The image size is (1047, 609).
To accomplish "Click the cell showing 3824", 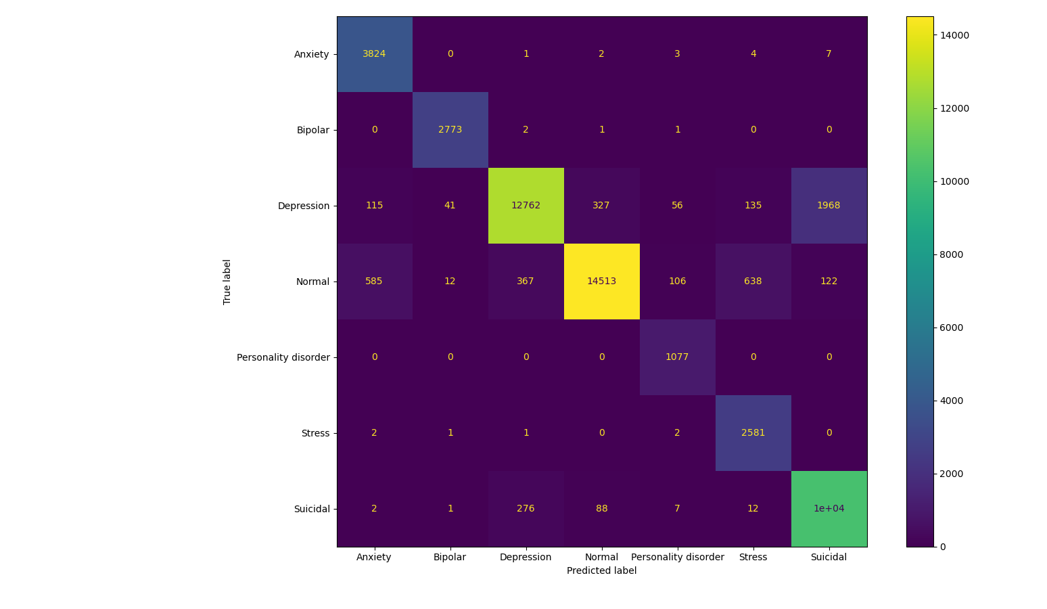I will pos(374,54).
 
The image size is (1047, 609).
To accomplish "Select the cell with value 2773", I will pos(450,130).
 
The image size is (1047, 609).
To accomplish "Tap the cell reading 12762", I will pos(526,206).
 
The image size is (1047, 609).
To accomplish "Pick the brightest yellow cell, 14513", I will pos(601,281).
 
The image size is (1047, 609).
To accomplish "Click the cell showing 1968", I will pos(829,206).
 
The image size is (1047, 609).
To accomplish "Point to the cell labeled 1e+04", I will pos(829,509).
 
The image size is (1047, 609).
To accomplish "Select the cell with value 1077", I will pos(677,357).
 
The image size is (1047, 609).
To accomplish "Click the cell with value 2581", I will pos(753,433).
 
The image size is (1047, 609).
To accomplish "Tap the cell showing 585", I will pos(374,281).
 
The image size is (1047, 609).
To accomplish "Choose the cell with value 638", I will pos(753,281).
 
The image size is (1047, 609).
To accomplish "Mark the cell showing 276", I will pos(526,509).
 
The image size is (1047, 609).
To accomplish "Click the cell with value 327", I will pos(601,206).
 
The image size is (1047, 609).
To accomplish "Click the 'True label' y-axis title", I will pos(227,281).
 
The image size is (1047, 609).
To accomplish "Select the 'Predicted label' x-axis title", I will pos(601,570).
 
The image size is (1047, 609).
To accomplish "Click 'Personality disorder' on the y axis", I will pos(283,357).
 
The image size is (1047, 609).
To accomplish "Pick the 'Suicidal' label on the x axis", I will pos(829,557).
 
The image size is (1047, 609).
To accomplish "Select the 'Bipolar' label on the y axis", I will pos(312,130).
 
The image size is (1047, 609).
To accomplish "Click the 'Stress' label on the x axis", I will pos(753,557).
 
